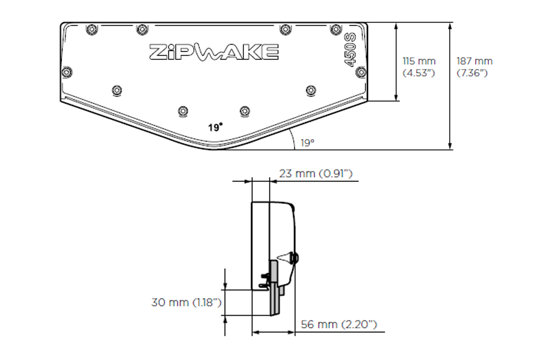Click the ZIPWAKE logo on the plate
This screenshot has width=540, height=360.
[x=213, y=52]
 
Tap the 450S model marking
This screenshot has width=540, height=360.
[x=350, y=49]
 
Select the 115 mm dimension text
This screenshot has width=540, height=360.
[x=418, y=61]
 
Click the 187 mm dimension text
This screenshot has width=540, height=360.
[x=474, y=61]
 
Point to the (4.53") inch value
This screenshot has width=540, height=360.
[x=418, y=73]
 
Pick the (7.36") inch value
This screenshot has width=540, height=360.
[x=472, y=73]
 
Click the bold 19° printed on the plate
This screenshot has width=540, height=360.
[x=216, y=127]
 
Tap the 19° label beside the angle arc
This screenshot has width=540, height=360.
[x=307, y=143]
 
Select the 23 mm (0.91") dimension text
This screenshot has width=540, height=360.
[x=315, y=174]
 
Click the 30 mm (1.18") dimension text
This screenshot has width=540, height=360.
[x=186, y=302]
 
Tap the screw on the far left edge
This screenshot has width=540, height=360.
[x=67, y=72]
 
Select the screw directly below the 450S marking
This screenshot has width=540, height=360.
[x=360, y=72]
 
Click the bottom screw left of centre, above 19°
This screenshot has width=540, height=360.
[x=183, y=110]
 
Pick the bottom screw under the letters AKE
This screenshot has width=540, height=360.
[x=244, y=110]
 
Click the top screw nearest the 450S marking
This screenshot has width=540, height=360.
[x=335, y=29]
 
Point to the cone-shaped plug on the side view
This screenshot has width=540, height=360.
[x=284, y=258]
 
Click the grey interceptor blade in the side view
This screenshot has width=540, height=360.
[x=274, y=288]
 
